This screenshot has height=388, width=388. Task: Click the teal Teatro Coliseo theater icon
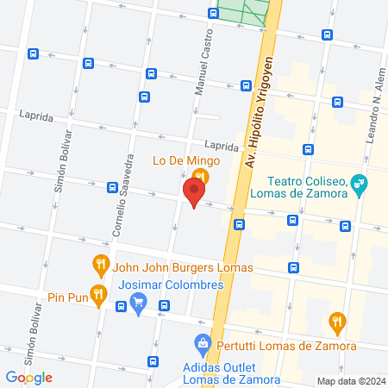(x=360, y=183)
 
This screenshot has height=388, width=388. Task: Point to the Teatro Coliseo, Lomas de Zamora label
(x=306, y=187)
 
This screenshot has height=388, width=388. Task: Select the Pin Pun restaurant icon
(x=99, y=294)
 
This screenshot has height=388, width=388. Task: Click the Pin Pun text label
(x=67, y=297)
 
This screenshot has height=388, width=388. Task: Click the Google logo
(x=28, y=377)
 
